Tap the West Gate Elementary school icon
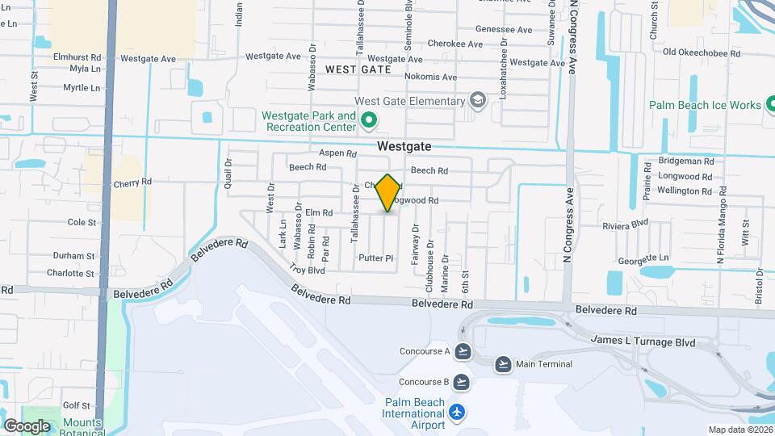pos(478,101)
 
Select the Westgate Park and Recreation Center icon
pos(370,122)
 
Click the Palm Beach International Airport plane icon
pos(458,413)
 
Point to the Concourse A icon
pos(463,351)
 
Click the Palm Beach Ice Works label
pos(706,105)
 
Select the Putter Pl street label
pos(375,258)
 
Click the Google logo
pos(27,426)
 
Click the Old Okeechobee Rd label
pos(701,52)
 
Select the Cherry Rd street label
pos(132,182)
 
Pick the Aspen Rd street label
pos(337,153)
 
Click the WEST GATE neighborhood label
pos(358,70)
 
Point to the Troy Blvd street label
pos(307,270)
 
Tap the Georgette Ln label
pos(644,258)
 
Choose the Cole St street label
pos(82,222)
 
